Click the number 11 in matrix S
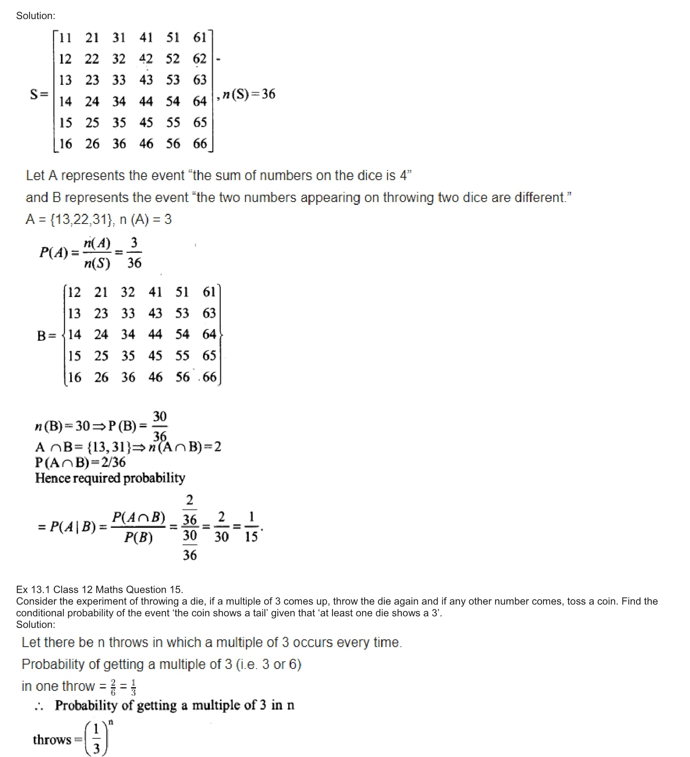[x=65, y=38]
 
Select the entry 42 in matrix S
[x=146, y=59]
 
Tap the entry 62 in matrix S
[x=200, y=59]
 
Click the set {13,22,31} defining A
[x=81, y=219]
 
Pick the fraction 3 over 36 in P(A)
[x=134, y=253]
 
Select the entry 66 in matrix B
[x=209, y=377]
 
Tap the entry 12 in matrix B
[x=74, y=292]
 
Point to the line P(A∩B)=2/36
[x=80, y=462]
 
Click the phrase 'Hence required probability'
[x=110, y=478]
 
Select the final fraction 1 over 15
[x=251, y=527]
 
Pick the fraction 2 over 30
[x=221, y=527]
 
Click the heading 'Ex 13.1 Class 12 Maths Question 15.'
[x=99, y=589]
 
